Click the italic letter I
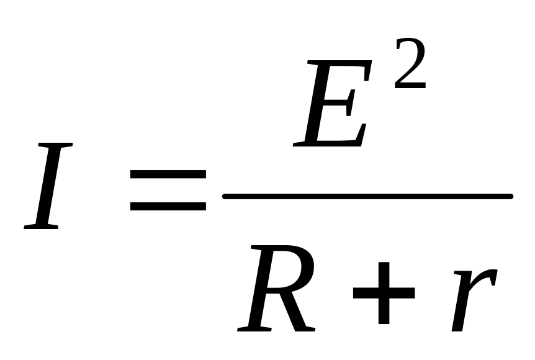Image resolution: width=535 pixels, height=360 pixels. point(48,186)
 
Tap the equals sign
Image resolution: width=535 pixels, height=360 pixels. point(168,190)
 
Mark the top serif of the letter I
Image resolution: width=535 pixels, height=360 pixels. point(60,145)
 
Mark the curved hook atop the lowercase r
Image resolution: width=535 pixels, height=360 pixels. point(488,276)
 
